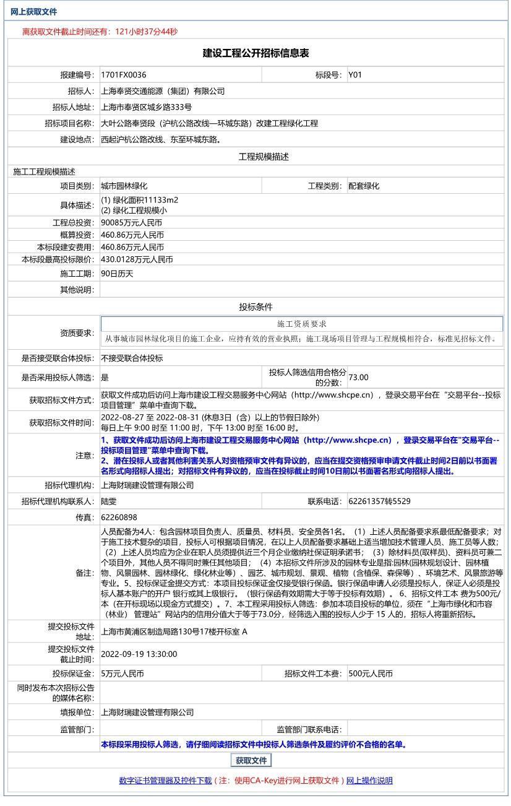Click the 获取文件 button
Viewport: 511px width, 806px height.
point(251,761)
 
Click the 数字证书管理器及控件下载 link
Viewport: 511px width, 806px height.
point(165,781)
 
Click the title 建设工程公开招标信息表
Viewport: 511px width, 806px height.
point(255,53)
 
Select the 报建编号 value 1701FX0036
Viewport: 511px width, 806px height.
point(124,75)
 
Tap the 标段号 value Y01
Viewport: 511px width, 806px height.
point(355,75)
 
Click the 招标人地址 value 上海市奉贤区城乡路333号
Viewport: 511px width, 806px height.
point(146,107)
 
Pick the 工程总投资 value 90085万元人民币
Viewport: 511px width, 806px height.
point(132,223)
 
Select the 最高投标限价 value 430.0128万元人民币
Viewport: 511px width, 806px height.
point(137,260)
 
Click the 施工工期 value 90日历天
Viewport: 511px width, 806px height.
point(117,274)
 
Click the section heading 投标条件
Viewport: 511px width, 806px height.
point(255,307)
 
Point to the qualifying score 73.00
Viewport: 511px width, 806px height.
point(358,377)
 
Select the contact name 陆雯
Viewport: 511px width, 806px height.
point(109,501)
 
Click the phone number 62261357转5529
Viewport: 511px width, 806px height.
point(379,501)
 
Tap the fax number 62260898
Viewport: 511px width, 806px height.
point(119,518)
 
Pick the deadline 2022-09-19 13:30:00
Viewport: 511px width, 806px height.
point(139,654)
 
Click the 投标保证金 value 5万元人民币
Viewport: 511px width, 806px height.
point(122,674)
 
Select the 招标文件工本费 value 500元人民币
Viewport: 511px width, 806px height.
point(371,674)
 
